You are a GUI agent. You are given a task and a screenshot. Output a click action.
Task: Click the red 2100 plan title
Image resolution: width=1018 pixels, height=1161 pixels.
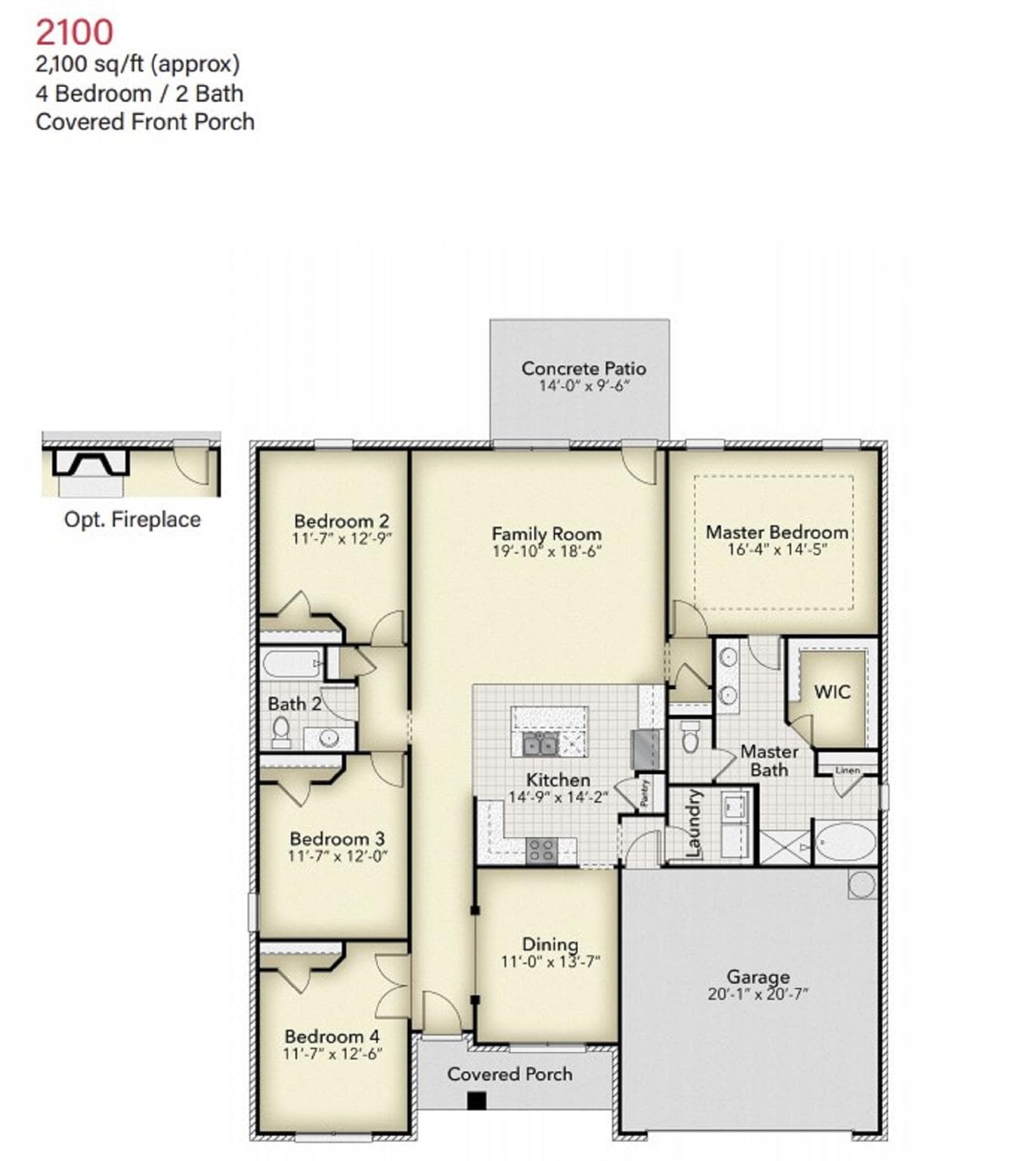(75, 33)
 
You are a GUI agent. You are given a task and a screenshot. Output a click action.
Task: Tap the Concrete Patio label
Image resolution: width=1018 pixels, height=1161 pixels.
(583, 368)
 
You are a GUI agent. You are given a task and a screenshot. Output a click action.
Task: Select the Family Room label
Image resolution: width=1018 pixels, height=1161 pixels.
(546, 534)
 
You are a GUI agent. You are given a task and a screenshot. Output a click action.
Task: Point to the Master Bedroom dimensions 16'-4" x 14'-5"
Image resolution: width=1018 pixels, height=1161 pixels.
(778, 550)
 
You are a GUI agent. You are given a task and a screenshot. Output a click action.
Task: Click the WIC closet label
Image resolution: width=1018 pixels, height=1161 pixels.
(832, 692)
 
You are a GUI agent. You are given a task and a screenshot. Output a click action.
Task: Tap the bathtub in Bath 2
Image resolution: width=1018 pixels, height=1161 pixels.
(292, 664)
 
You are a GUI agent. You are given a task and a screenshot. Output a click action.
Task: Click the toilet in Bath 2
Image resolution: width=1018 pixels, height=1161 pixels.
(281, 733)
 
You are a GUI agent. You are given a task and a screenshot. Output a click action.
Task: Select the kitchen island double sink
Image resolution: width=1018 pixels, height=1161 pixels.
(540, 743)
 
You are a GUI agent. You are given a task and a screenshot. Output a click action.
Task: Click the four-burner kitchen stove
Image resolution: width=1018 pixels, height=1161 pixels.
(541, 850)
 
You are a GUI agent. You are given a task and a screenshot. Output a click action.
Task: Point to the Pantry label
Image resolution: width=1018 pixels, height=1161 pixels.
(644, 792)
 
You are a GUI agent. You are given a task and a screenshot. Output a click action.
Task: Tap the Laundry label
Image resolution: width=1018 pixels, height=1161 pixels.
(694, 823)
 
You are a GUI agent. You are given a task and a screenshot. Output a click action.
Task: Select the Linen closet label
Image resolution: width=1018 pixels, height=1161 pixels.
(847, 770)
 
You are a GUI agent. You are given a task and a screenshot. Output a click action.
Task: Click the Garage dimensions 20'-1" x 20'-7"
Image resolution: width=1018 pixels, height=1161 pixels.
(757, 994)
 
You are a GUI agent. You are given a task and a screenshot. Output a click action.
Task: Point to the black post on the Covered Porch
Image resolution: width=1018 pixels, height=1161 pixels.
(477, 1101)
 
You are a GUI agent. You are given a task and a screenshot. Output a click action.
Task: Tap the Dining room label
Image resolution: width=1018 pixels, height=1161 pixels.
(550, 944)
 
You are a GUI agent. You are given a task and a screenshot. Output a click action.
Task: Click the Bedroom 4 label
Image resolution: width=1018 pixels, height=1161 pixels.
(332, 1036)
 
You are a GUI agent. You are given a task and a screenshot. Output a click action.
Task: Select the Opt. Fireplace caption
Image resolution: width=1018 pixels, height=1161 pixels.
(132, 519)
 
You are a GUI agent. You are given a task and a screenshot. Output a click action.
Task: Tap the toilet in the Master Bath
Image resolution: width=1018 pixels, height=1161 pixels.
(690, 735)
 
